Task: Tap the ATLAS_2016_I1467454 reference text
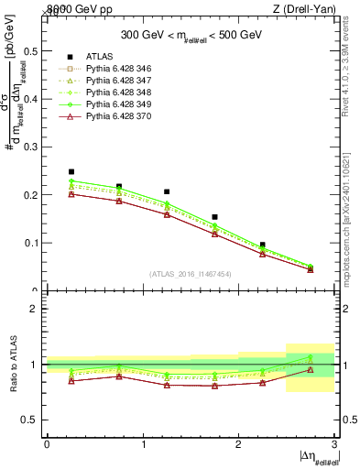pos(190,273)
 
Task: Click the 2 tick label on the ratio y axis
pos(34,310)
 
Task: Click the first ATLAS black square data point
pos(71,171)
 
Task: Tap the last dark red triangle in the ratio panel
pos(311,370)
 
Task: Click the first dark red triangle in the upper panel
pos(71,194)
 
